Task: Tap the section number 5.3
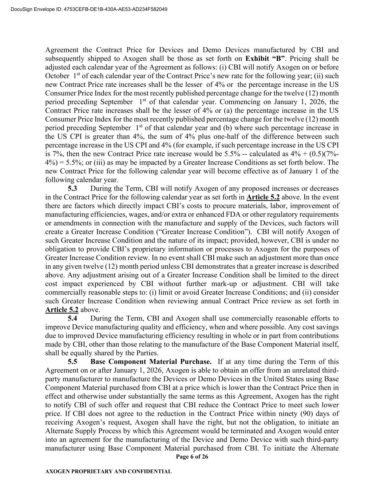[72, 189]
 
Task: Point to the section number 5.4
[72, 319]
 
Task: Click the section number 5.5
[72, 362]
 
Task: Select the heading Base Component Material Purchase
[151, 362]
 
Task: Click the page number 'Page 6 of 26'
[192, 457]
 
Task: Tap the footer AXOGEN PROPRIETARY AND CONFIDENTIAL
[108, 472]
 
